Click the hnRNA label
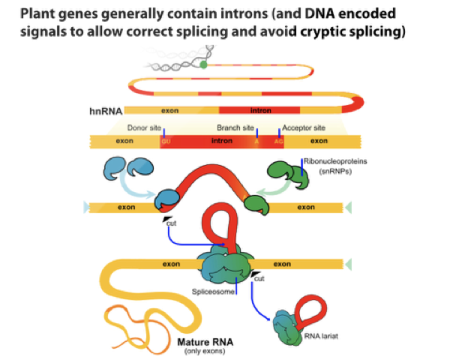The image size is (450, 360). click(x=105, y=110)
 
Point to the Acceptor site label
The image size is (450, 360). click(x=304, y=127)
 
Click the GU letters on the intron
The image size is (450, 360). click(x=166, y=141)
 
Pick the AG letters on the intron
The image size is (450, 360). click(x=278, y=141)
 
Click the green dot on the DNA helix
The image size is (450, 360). click(x=203, y=65)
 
